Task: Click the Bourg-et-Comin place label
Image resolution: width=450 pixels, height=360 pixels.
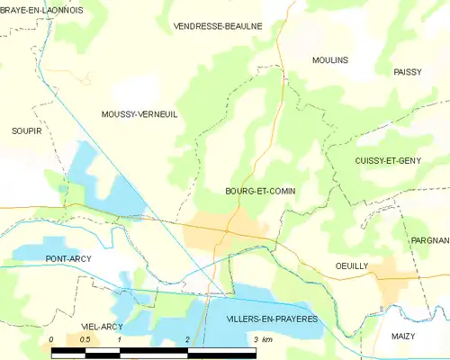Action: [260, 191]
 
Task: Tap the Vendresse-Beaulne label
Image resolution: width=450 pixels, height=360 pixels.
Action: [217, 26]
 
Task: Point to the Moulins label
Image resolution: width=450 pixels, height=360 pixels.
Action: [329, 60]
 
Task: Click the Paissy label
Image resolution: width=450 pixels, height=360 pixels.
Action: [408, 71]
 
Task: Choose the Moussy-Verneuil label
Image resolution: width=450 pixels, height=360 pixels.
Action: [139, 114]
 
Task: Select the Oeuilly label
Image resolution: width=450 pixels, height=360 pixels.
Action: [352, 266]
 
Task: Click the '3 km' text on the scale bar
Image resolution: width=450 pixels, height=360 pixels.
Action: [263, 338]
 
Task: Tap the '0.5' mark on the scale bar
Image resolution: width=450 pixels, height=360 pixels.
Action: [85, 338]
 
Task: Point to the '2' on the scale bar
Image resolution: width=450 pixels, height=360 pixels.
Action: [186, 338]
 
